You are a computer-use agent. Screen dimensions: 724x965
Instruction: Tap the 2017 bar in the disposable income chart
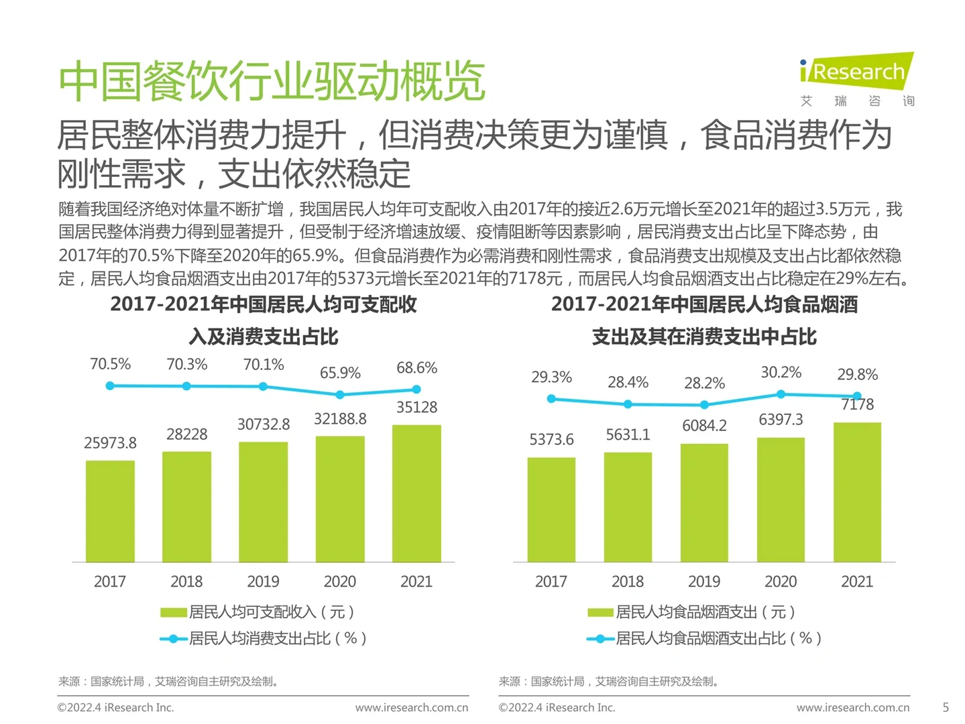pyautogui.click(x=110, y=511)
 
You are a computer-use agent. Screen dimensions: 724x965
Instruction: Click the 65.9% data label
pyautogui.click(x=340, y=373)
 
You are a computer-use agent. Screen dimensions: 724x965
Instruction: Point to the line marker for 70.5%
pyautogui.click(x=110, y=385)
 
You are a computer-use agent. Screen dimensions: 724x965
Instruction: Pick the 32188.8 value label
pyautogui.click(x=340, y=419)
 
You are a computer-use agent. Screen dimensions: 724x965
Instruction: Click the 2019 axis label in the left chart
pyautogui.click(x=263, y=581)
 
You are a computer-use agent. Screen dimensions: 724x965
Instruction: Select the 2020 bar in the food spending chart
pyautogui.click(x=781, y=499)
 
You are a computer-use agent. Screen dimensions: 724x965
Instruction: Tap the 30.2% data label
pyautogui.click(x=781, y=372)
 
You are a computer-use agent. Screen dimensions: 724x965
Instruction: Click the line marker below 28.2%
pyautogui.click(x=704, y=405)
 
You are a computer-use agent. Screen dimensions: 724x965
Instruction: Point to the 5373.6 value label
pyautogui.click(x=551, y=440)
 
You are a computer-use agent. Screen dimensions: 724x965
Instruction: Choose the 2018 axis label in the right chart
pyautogui.click(x=627, y=581)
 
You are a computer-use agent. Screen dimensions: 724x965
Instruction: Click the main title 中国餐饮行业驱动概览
pyautogui.click(x=272, y=81)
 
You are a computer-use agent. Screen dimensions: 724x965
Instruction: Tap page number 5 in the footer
pyautogui.click(x=946, y=707)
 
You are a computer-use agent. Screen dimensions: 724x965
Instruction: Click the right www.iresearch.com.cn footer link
pyautogui.click(x=852, y=707)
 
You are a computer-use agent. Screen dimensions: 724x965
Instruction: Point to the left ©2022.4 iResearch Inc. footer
pyautogui.click(x=115, y=707)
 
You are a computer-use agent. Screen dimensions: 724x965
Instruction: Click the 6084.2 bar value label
pyautogui.click(x=704, y=426)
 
